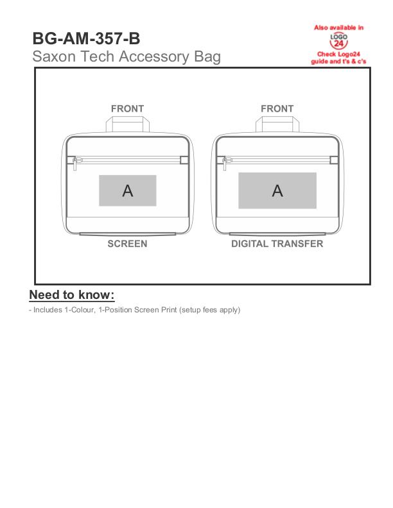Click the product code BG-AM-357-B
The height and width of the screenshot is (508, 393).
click(x=86, y=38)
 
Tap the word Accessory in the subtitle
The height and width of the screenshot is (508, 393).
click(x=154, y=57)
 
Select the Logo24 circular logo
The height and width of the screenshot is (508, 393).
click(x=338, y=41)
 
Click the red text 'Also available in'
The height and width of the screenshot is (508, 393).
click(x=338, y=28)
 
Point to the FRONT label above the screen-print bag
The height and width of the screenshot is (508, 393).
click(x=127, y=109)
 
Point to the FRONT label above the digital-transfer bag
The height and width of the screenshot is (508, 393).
click(x=277, y=109)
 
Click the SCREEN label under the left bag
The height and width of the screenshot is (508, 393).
click(x=127, y=244)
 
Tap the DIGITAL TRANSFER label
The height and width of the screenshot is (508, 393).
click(x=277, y=244)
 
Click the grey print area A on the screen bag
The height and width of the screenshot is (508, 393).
click(x=128, y=190)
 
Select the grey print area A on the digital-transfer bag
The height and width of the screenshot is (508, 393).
click(x=277, y=190)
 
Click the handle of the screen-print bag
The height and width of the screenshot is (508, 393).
click(x=128, y=124)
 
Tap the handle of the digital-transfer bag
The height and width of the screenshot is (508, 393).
click(x=277, y=124)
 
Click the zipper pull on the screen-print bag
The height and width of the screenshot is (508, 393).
click(x=76, y=164)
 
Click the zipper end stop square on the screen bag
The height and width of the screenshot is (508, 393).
click(x=184, y=160)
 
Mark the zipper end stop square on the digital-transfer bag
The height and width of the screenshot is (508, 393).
click(x=334, y=160)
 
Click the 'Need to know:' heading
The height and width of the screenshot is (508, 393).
click(x=72, y=295)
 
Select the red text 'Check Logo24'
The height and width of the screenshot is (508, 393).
click(x=338, y=54)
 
